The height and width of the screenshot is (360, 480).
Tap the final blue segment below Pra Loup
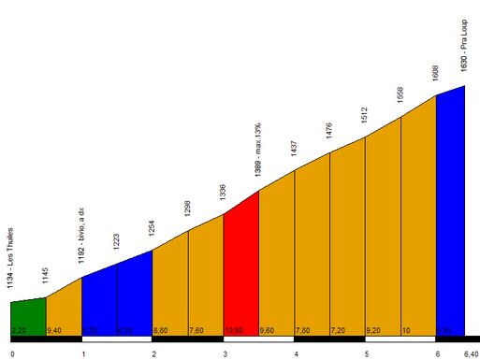pyautogui.click(x=450, y=215)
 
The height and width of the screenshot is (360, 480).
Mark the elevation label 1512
pyautogui.click(x=365, y=117)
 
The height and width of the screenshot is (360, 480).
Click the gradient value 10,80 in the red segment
pyautogui.click(x=234, y=330)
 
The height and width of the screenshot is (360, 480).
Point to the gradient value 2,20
pyautogui.click(x=20, y=330)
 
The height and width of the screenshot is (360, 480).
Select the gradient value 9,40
pyautogui.click(x=55, y=330)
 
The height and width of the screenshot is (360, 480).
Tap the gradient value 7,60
pyautogui.click(x=197, y=330)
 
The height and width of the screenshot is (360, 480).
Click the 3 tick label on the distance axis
pyautogui.click(x=225, y=353)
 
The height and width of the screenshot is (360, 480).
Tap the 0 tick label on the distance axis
pyautogui.click(x=12, y=353)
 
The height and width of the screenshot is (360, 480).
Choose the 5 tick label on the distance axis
pyautogui.click(x=366, y=353)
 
